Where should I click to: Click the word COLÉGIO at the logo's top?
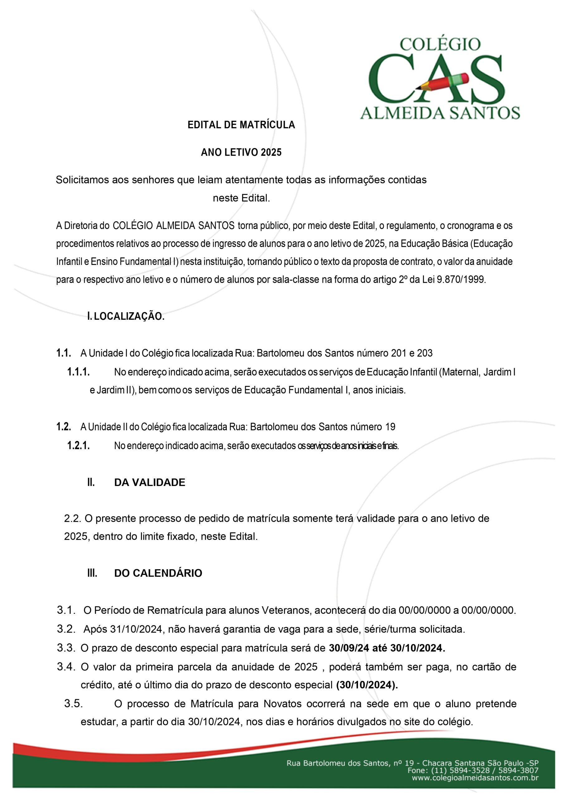440,45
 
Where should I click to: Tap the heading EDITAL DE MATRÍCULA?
241,125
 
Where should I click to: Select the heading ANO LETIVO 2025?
241,152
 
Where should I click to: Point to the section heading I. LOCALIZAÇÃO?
126,317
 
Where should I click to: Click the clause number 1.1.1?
79,372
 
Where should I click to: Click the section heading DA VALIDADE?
150,483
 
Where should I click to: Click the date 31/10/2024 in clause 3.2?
136,629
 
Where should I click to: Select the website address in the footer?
475,778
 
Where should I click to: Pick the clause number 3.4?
66,667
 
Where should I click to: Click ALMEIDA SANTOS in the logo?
440,113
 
